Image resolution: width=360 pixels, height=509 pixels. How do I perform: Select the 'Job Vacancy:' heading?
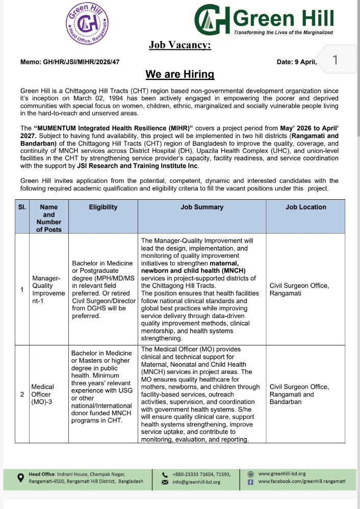(x=179, y=46)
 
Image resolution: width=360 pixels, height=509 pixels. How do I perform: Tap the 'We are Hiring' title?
(x=180, y=74)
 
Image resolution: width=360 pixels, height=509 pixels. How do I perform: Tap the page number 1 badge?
(x=335, y=61)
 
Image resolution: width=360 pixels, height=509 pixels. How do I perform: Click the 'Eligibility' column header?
(x=103, y=207)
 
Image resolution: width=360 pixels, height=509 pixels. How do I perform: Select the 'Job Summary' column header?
(x=202, y=207)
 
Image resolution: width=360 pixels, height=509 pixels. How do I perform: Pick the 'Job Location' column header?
(x=305, y=207)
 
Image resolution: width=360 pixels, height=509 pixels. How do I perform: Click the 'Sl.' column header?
(x=21, y=207)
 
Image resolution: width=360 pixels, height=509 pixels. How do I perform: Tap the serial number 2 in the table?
(x=21, y=394)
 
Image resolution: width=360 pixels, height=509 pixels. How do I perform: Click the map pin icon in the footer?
(x=20, y=477)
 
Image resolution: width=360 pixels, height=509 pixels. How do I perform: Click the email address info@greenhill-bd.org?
(x=196, y=482)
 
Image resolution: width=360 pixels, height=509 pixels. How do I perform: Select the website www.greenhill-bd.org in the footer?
(x=282, y=473)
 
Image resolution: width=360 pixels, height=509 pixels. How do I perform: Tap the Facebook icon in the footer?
(x=250, y=481)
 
